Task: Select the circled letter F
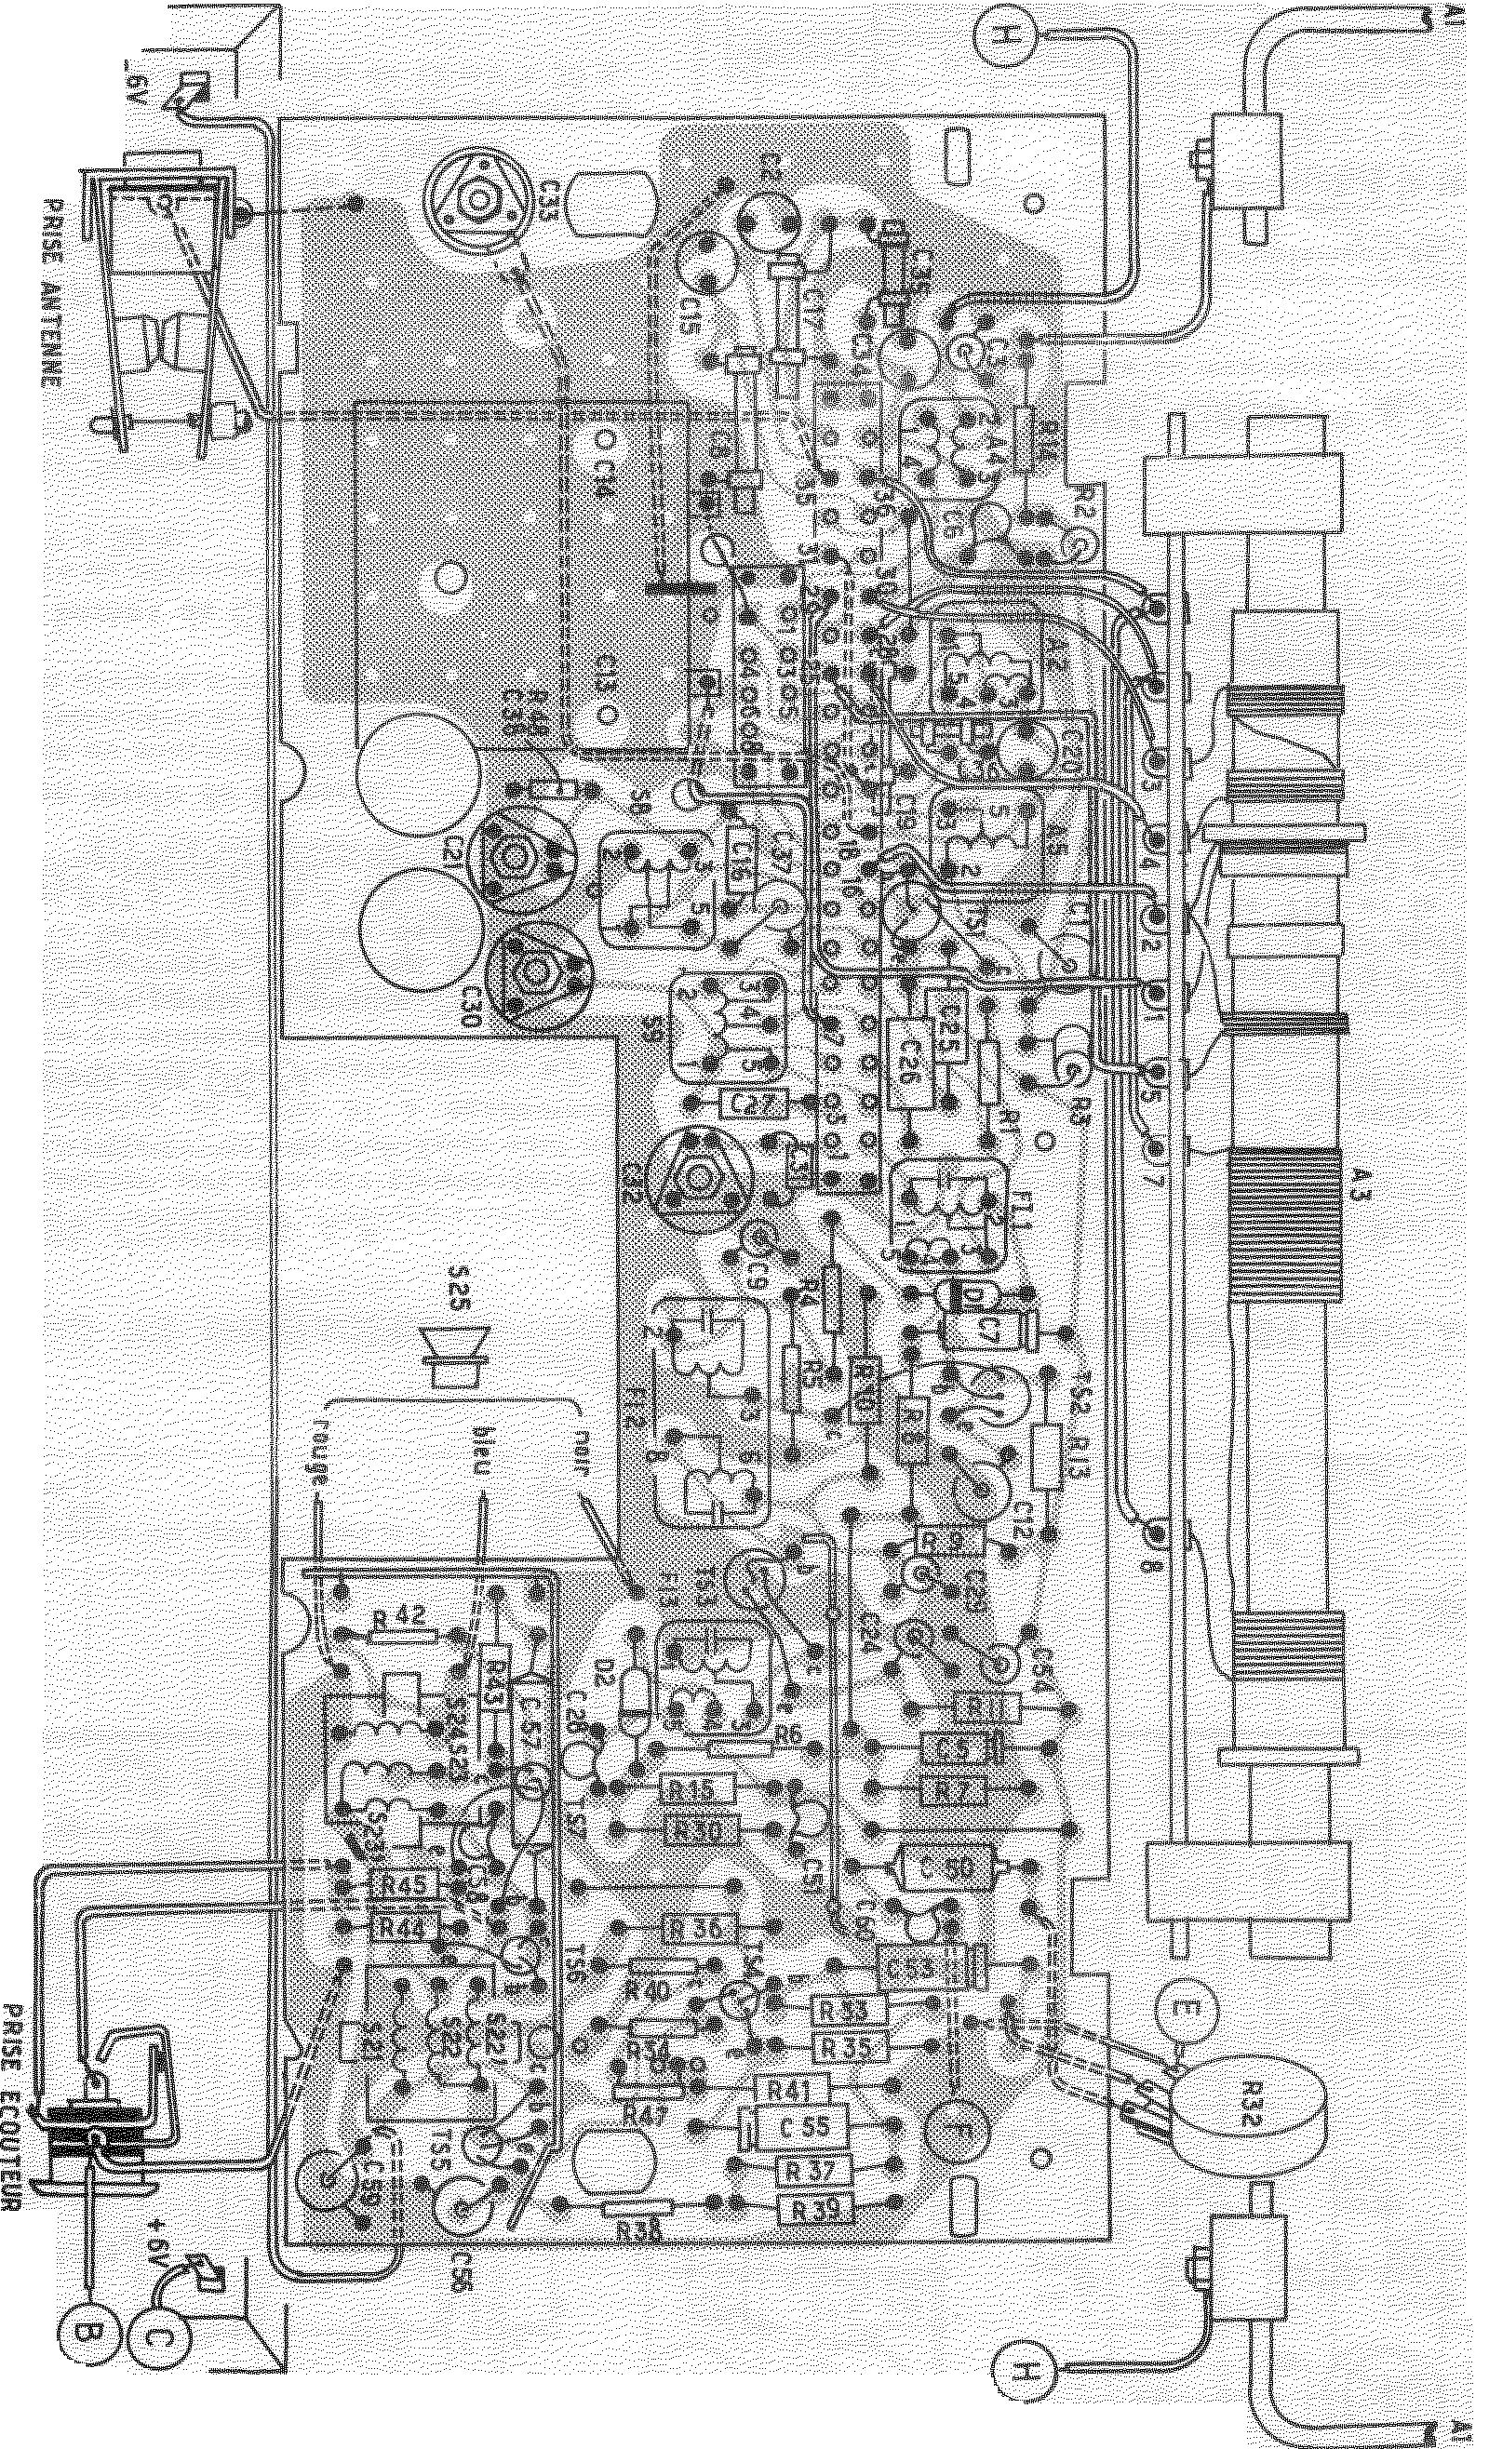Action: pos(953,2136)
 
